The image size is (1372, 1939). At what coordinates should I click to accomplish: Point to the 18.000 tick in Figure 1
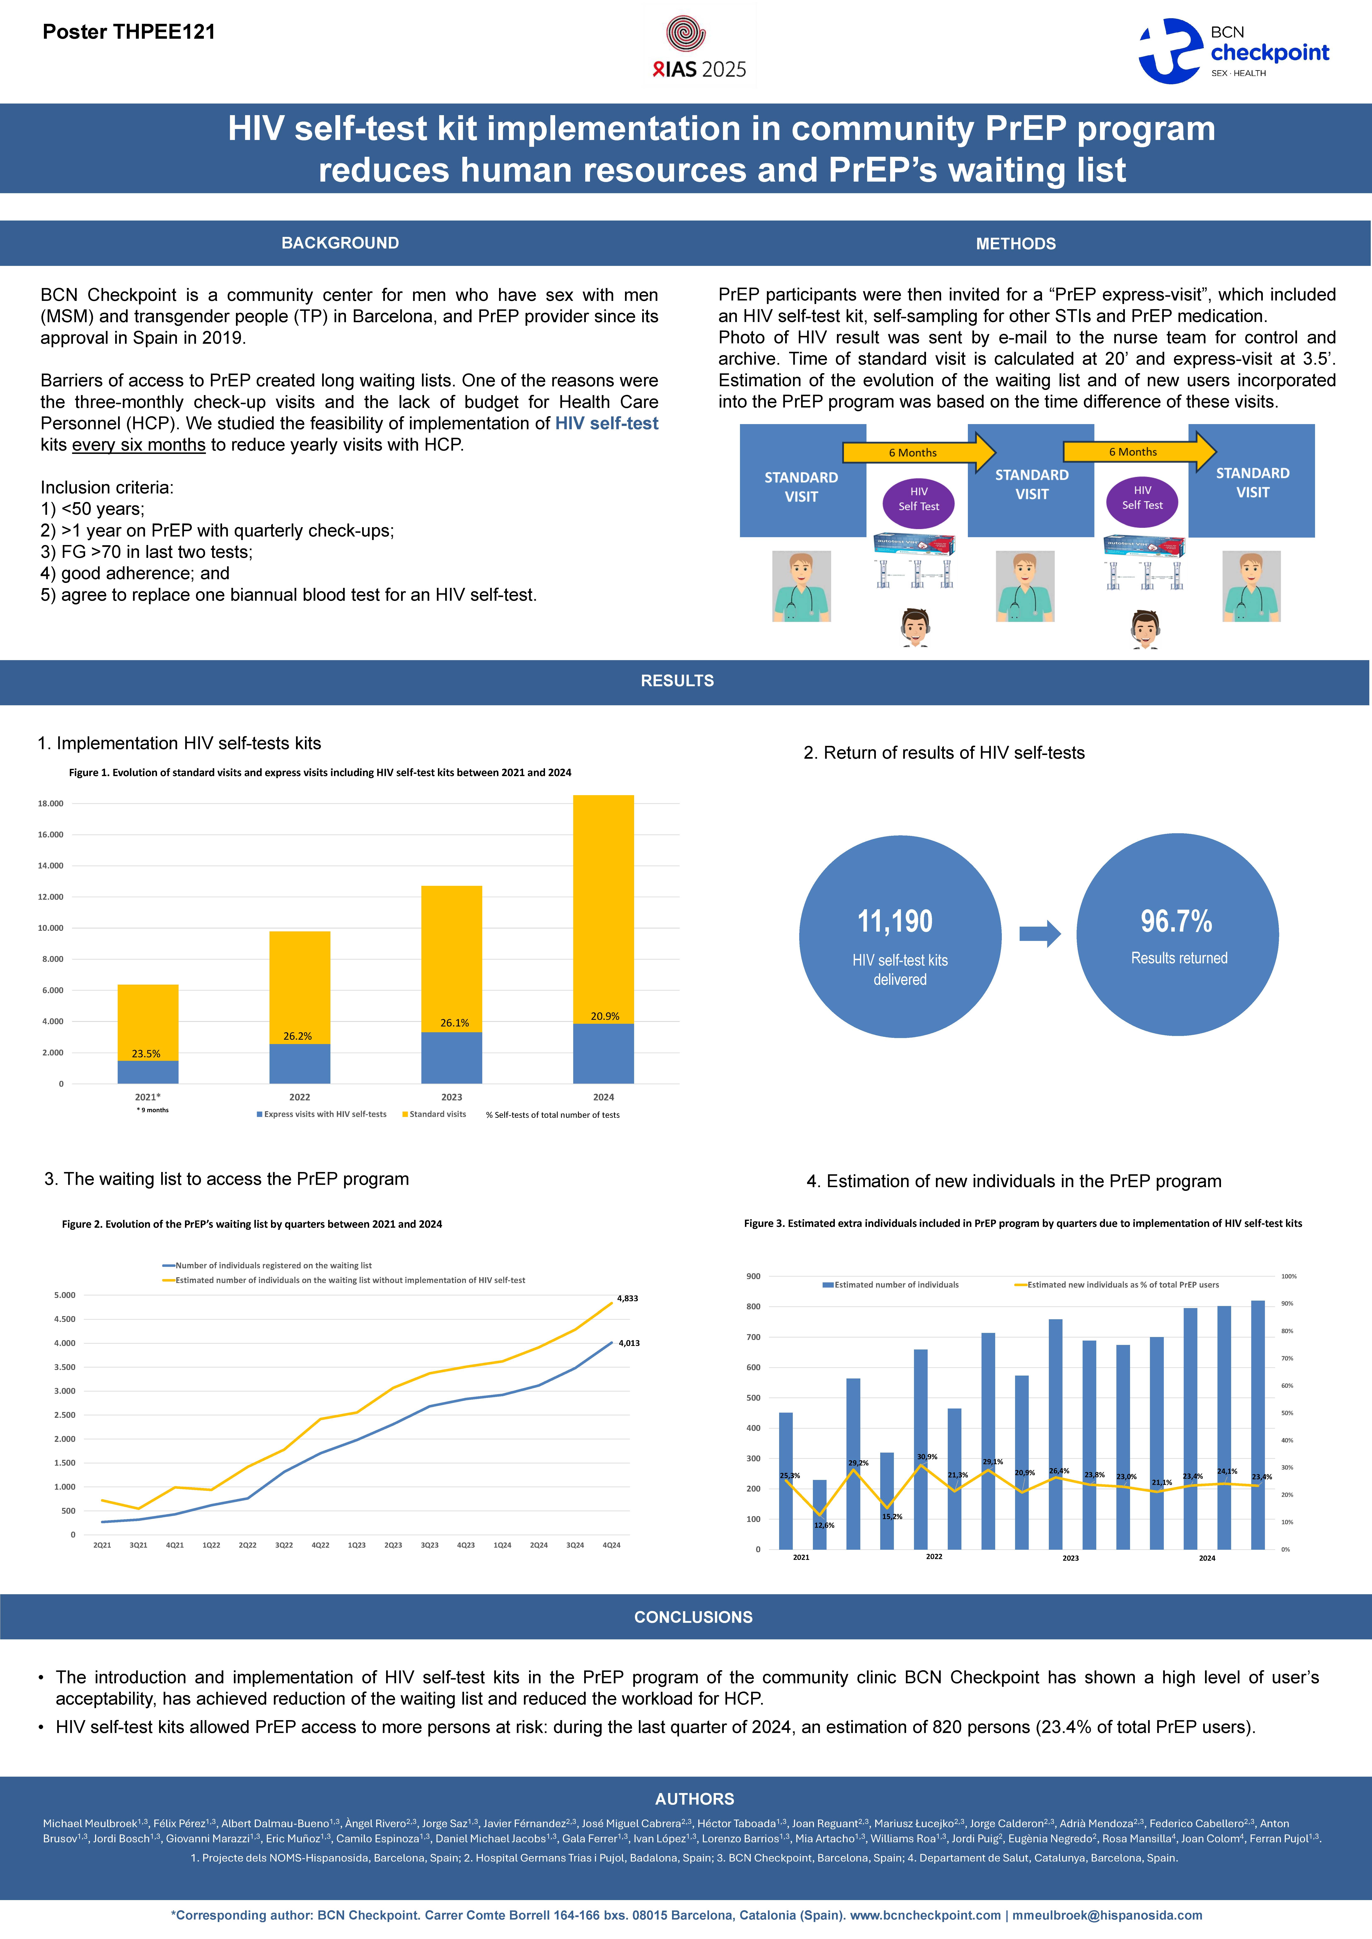51,804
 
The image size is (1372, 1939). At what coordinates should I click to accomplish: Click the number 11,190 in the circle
895,921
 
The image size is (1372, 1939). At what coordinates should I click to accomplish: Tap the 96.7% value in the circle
1176,921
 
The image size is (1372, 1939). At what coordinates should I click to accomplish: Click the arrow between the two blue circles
1039,933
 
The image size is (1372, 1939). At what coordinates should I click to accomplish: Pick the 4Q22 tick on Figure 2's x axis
320,1545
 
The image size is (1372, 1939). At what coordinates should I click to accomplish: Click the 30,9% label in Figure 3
927,1457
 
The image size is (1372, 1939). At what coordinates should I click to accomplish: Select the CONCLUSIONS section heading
693,1617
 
